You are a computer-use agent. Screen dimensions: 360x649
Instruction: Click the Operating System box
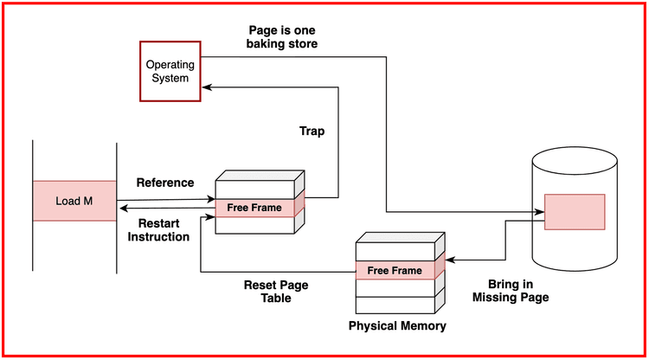pos(170,71)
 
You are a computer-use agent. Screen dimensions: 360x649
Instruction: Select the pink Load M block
pos(74,202)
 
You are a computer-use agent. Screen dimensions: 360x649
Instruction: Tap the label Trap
pos(312,130)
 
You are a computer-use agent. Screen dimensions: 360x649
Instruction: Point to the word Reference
pos(165,183)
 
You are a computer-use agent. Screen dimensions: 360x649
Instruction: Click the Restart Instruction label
pos(158,229)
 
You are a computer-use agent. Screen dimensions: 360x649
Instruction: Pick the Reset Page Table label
pos(276,292)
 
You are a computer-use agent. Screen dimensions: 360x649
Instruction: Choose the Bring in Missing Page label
pos(511,290)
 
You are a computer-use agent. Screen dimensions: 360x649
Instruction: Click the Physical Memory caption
pos(397,326)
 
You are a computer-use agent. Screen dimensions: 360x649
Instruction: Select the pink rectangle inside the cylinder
pos(575,212)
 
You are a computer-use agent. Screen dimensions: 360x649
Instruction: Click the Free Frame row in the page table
pos(255,208)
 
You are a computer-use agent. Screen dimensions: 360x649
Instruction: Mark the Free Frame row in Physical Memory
pos(395,271)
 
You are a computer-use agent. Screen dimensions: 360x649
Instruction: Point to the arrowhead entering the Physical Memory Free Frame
pos(447,259)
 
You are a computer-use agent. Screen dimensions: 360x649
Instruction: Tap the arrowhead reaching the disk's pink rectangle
pos(539,212)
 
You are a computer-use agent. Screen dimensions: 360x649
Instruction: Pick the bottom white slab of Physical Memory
pos(395,305)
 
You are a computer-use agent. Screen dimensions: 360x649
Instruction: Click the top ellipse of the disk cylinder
pos(575,161)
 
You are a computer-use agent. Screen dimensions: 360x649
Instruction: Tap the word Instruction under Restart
pos(158,236)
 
